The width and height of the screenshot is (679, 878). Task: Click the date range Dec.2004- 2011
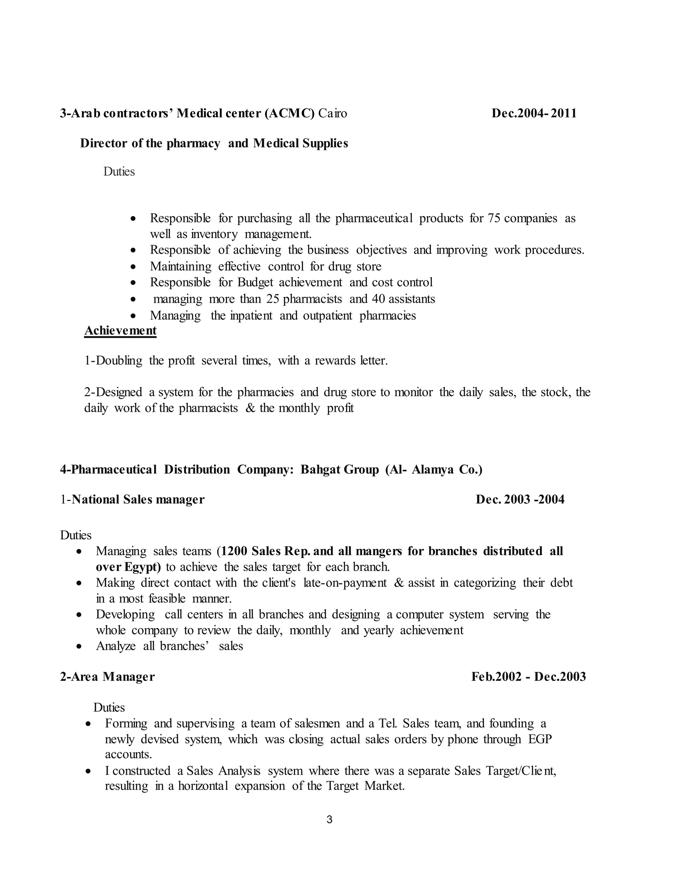click(534, 113)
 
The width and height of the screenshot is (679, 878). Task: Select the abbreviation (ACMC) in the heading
click(289, 113)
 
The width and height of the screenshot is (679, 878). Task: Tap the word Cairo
click(332, 113)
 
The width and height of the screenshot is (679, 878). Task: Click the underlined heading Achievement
click(120, 330)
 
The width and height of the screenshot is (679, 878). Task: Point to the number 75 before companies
click(494, 218)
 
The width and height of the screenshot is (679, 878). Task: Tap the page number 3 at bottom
click(330, 820)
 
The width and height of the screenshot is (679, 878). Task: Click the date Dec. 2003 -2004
click(520, 499)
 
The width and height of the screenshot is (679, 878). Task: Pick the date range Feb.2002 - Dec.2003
click(528, 677)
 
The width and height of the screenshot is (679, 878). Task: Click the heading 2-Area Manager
click(107, 677)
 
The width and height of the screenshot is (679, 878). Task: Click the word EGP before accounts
click(540, 739)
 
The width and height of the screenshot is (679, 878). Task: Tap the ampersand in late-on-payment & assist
click(399, 583)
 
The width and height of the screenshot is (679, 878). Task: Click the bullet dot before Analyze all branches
click(79, 647)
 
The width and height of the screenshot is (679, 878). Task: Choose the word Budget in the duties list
click(255, 283)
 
